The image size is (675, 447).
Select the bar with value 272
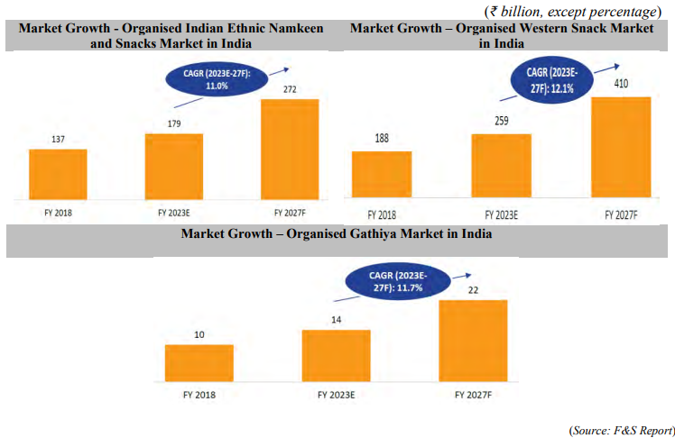[x=289, y=149]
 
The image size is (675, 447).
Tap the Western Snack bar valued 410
[x=620, y=148]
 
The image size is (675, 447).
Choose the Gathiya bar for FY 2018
[x=199, y=362]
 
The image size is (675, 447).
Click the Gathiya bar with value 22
[x=473, y=340]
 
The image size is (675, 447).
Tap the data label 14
[x=335, y=320]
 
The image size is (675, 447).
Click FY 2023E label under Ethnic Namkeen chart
[x=173, y=214]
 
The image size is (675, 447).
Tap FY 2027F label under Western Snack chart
[x=620, y=215]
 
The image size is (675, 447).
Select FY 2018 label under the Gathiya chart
[x=199, y=394]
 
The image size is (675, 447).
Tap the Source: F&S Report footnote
[x=621, y=432]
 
